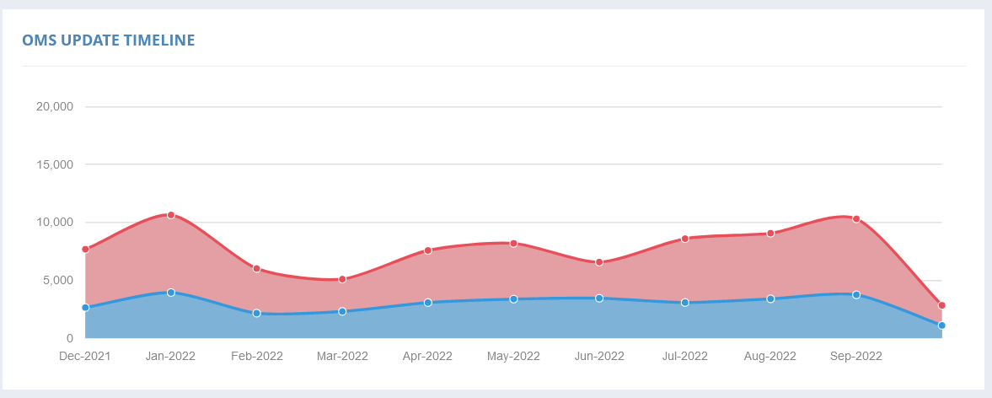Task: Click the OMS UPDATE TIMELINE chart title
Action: (x=109, y=40)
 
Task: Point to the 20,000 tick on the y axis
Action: (x=56, y=107)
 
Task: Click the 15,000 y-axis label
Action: (x=56, y=164)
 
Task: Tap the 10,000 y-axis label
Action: (x=56, y=223)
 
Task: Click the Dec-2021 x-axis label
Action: (x=85, y=357)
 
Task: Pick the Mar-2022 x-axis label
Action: (x=342, y=357)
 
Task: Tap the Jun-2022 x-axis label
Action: (x=599, y=357)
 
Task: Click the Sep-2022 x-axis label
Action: (x=855, y=357)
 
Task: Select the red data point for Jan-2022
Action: (x=171, y=215)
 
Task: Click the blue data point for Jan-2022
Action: (x=171, y=293)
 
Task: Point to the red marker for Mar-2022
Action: (x=342, y=279)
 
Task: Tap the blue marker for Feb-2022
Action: (x=257, y=313)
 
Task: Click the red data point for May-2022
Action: (x=513, y=243)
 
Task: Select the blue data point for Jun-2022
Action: (x=599, y=298)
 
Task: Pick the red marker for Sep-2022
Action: (x=856, y=218)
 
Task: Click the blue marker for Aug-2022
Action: (x=770, y=298)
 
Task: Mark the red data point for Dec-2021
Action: (x=85, y=250)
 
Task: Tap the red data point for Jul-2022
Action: (x=684, y=239)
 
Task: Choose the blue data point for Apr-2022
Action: (x=428, y=302)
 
